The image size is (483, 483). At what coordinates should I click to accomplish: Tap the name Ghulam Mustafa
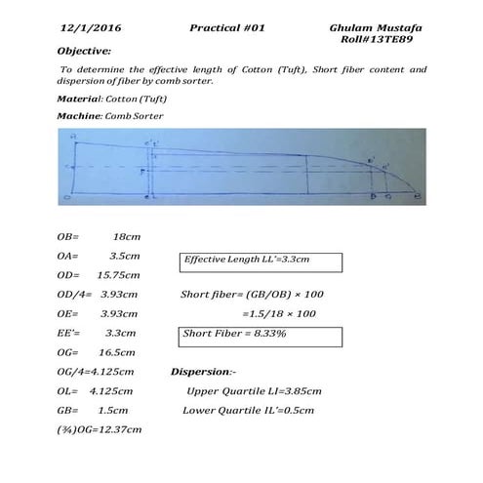[x=369, y=29]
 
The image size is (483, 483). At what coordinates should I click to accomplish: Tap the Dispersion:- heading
[x=203, y=372]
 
